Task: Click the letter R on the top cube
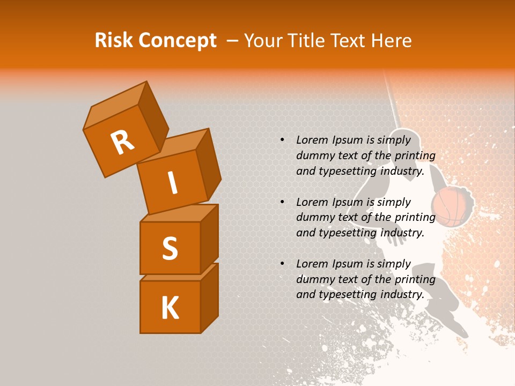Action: tap(122, 143)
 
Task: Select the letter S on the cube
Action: tap(170, 248)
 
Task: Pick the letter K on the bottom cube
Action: tap(170, 308)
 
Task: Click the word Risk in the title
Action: tap(114, 41)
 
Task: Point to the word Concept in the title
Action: tap(177, 41)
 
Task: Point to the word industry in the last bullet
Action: tap(402, 294)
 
